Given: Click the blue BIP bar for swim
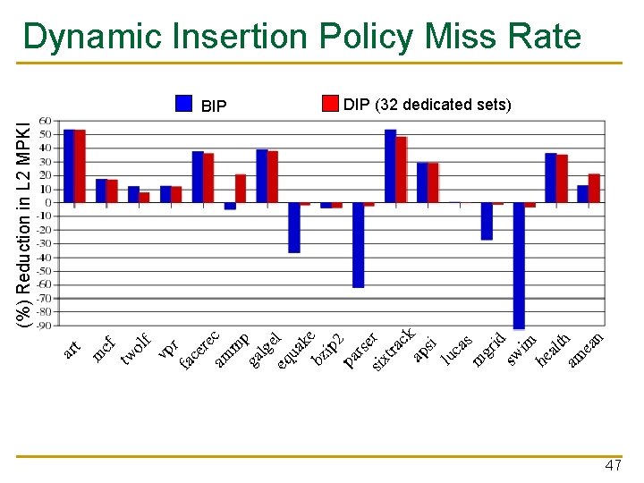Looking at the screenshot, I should click(x=519, y=266).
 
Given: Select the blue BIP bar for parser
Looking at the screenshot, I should click(x=359, y=244).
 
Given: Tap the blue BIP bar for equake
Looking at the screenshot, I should click(x=294, y=227).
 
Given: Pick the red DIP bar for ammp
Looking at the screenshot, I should click(x=241, y=188).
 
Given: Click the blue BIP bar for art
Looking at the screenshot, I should click(x=70, y=165).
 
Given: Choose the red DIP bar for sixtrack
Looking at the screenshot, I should click(x=402, y=169).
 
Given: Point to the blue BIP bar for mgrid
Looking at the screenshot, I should click(x=487, y=221).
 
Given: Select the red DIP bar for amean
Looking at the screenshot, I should click(x=594, y=188).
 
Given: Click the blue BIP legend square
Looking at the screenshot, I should click(x=184, y=104).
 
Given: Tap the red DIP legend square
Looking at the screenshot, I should click(x=331, y=103).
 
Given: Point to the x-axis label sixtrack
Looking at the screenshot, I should click(x=392, y=350).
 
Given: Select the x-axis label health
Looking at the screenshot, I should click(x=554, y=348).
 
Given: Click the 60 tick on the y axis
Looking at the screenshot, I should click(x=45, y=120).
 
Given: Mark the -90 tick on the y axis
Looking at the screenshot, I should click(x=43, y=325).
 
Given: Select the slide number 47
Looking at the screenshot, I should click(x=614, y=466).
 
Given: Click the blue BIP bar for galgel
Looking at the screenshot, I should click(x=262, y=175).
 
